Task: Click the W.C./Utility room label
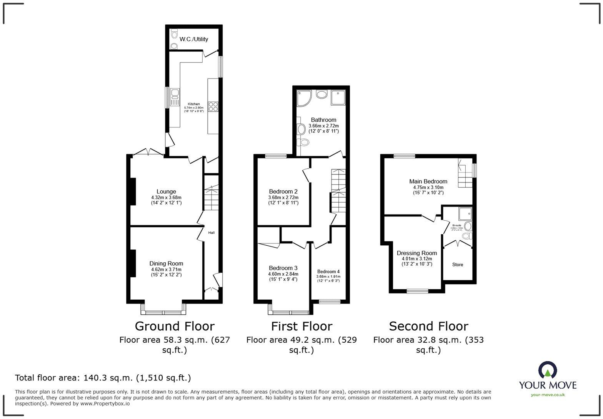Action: (194, 39)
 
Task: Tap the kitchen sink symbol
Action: (174, 97)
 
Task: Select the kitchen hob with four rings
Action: (213, 107)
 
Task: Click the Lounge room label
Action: (166, 191)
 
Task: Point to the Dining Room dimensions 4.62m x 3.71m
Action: (166, 270)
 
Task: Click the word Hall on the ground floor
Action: (212, 233)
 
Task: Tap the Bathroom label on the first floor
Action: (323, 120)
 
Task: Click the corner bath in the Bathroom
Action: (304, 98)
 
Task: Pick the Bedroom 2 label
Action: (283, 191)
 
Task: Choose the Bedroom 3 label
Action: (283, 268)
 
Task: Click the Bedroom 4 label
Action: (328, 272)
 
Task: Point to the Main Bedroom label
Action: (428, 181)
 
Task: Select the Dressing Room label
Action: (417, 253)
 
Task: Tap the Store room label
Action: (457, 265)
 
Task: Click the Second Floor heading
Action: (428, 326)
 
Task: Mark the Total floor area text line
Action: (103, 378)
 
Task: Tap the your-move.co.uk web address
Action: (548, 394)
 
